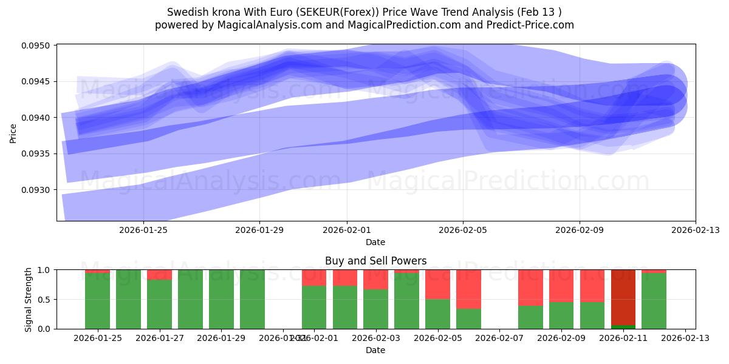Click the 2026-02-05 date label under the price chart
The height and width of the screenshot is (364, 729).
463,231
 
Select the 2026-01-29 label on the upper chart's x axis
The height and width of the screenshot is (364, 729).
259,231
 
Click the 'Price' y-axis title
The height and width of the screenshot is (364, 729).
13,132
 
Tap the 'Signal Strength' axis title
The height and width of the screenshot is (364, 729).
28,299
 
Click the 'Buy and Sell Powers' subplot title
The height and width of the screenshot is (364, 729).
375,261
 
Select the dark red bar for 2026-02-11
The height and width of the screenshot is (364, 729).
623,297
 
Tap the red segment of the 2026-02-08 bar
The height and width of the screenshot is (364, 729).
530,287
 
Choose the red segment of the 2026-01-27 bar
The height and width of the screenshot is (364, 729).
159,274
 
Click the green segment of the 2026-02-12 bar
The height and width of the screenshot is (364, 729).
654,301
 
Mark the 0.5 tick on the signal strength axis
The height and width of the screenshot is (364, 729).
46,299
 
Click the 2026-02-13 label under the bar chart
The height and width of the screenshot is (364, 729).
685,339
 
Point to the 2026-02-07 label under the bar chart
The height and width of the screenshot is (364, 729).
499,339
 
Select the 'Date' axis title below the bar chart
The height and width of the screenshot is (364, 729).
375,350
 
